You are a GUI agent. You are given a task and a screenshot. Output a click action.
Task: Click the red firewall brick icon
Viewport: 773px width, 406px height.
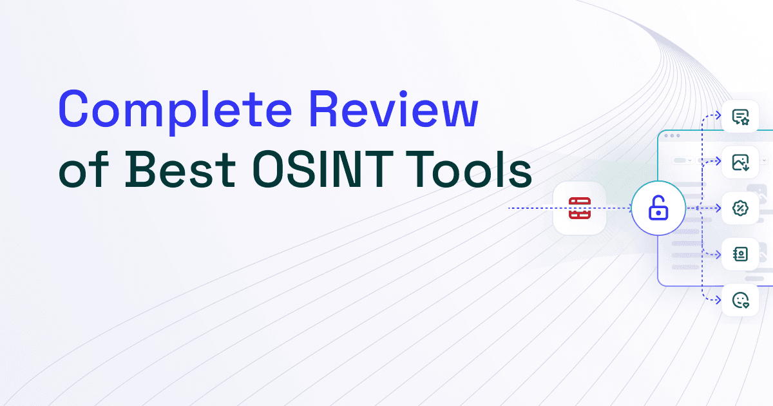click(x=580, y=208)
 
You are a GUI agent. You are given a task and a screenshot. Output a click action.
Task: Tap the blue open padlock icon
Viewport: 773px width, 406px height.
click(x=657, y=208)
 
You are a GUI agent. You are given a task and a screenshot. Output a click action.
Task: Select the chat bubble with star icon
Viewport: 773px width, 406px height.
click(x=740, y=117)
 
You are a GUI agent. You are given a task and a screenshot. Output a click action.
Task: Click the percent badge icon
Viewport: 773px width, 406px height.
click(x=740, y=208)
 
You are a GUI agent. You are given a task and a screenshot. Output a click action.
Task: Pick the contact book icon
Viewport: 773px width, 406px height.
click(x=740, y=254)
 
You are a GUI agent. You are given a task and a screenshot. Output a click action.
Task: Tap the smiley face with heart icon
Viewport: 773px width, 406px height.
click(x=740, y=300)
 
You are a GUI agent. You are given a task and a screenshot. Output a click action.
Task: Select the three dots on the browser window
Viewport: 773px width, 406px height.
click(x=671, y=136)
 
